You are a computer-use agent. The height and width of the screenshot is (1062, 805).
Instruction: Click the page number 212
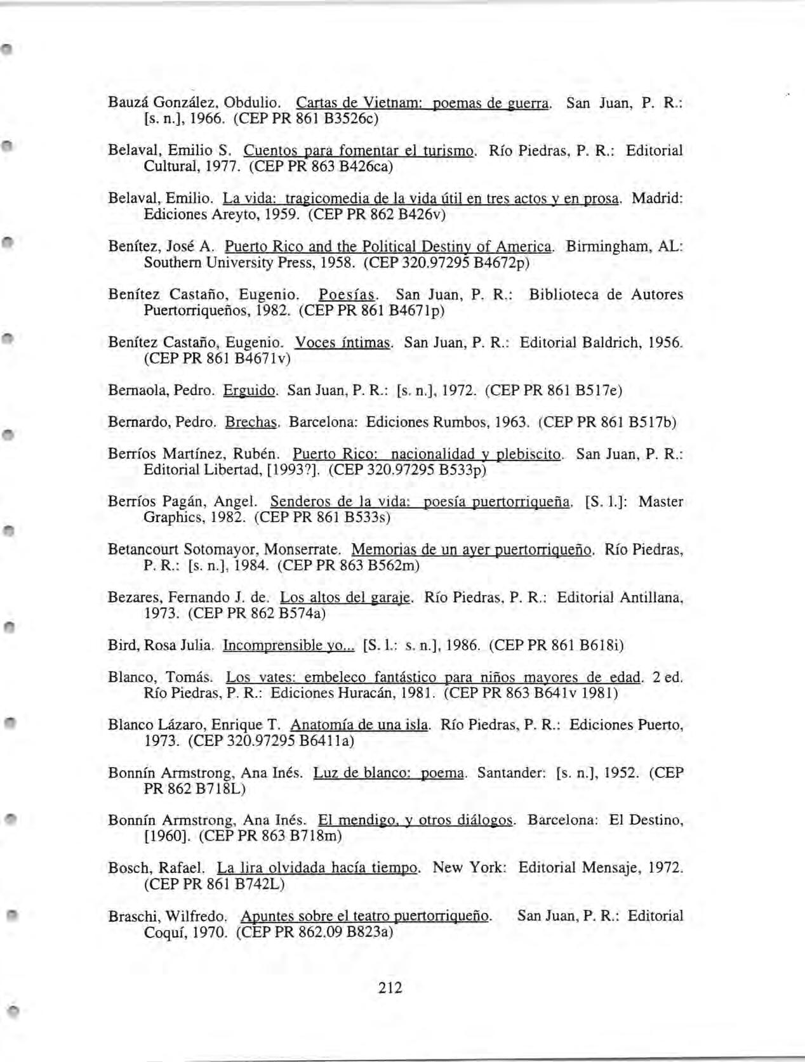390,987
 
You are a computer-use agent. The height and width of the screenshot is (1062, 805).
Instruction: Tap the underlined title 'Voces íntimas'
343,343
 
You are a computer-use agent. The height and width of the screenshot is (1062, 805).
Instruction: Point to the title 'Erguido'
249,390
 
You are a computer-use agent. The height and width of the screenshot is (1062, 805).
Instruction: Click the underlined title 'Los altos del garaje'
347,597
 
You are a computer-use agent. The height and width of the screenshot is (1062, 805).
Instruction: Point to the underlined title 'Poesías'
349,295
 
